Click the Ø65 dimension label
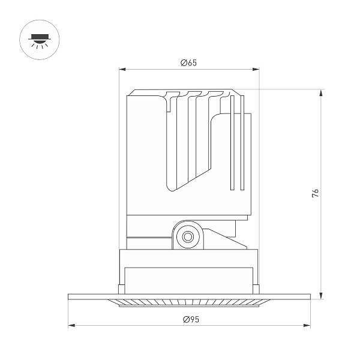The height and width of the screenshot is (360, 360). [189, 63]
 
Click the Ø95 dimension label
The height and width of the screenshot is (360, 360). [190, 319]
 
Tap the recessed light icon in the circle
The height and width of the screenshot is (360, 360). [39, 40]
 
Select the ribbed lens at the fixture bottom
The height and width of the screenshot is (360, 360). [189, 302]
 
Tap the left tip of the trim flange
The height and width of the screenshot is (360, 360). [69, 296]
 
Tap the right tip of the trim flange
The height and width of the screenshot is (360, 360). [310, 296]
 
